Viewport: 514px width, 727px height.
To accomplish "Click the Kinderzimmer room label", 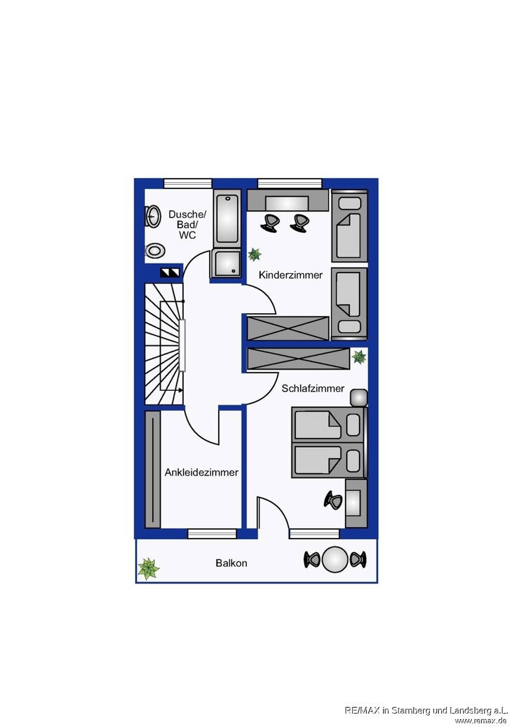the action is pyautogui.click(x=290, y=275).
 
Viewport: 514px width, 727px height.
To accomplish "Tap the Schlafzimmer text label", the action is pyautogui.click(x=313, y=389).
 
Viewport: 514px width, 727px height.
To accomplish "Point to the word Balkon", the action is pyautogui.click(x=231, y=563).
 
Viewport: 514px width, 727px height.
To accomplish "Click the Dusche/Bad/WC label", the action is pyautogui.click(x=187, y=224).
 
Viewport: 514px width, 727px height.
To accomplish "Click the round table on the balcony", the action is pyautogui.click(x=335, y=559).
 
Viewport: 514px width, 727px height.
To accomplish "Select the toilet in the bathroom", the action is pyautogui.click(x=155, y=251).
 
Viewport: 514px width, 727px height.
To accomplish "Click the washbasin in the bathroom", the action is pyautogui.click(x=153, y=216).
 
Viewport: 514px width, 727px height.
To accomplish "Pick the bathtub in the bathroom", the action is pyautogui.click(x=227, y=219).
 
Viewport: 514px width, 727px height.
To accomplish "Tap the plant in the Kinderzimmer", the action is pyautogui.click(x=255, y=254).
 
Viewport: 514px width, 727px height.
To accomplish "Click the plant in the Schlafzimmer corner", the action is pyautogui.click(x=359, y=357).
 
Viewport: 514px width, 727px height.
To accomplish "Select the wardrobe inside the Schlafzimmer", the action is pyautogui.click(x=298, y=359).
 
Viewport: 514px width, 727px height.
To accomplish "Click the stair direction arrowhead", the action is pyautogui.click(x=181, y=390).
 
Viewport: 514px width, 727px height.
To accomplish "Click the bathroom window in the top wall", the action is pyautogui.click(x=188, y=184).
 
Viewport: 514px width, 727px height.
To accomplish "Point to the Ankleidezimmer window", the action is pyautogui.click(x=212, y=534).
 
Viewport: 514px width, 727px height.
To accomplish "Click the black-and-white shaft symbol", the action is pyautogui.click(x=170, y=273).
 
